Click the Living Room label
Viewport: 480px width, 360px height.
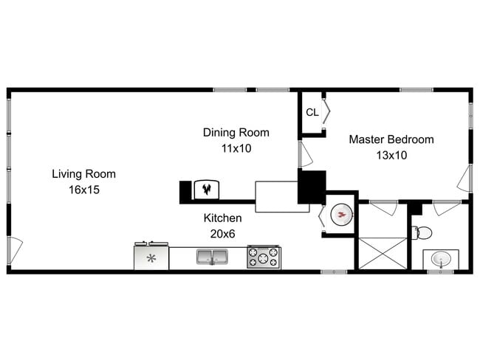tap(83, 174)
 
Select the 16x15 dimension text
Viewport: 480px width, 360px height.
tap(83, 190)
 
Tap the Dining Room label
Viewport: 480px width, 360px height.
tap(236, 133)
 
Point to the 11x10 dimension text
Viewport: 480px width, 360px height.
tap(236, 148)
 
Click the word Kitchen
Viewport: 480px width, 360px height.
tap(222, 218)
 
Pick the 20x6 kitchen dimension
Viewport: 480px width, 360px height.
tap(222, 234)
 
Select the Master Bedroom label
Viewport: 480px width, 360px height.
tap(391, 139)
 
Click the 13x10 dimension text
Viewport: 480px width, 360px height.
tap(391, 155)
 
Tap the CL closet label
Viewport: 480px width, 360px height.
tap(312, 112)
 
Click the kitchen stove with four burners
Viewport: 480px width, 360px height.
tap(264, 257)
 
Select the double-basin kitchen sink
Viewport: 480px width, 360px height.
tap(212, 257)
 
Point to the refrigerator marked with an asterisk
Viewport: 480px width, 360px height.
tap(151, 257)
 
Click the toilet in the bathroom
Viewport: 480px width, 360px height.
tap(422, 233)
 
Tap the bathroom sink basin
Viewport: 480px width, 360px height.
tap(441, 260)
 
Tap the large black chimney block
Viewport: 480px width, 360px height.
tap(312, 187)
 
